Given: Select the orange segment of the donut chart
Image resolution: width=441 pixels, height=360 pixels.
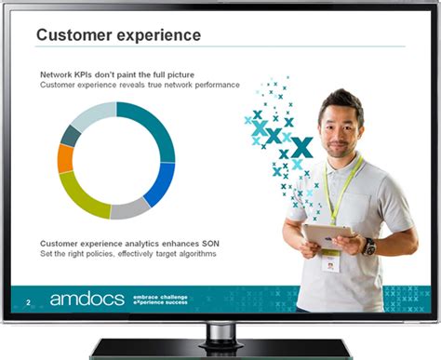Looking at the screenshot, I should (65, 158).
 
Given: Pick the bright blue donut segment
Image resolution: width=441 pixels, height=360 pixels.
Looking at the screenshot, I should (163, 182).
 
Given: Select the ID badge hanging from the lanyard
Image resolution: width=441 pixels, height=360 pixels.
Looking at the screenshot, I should (327, 261).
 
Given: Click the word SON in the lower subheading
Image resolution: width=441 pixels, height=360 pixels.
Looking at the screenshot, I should (210, 243).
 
